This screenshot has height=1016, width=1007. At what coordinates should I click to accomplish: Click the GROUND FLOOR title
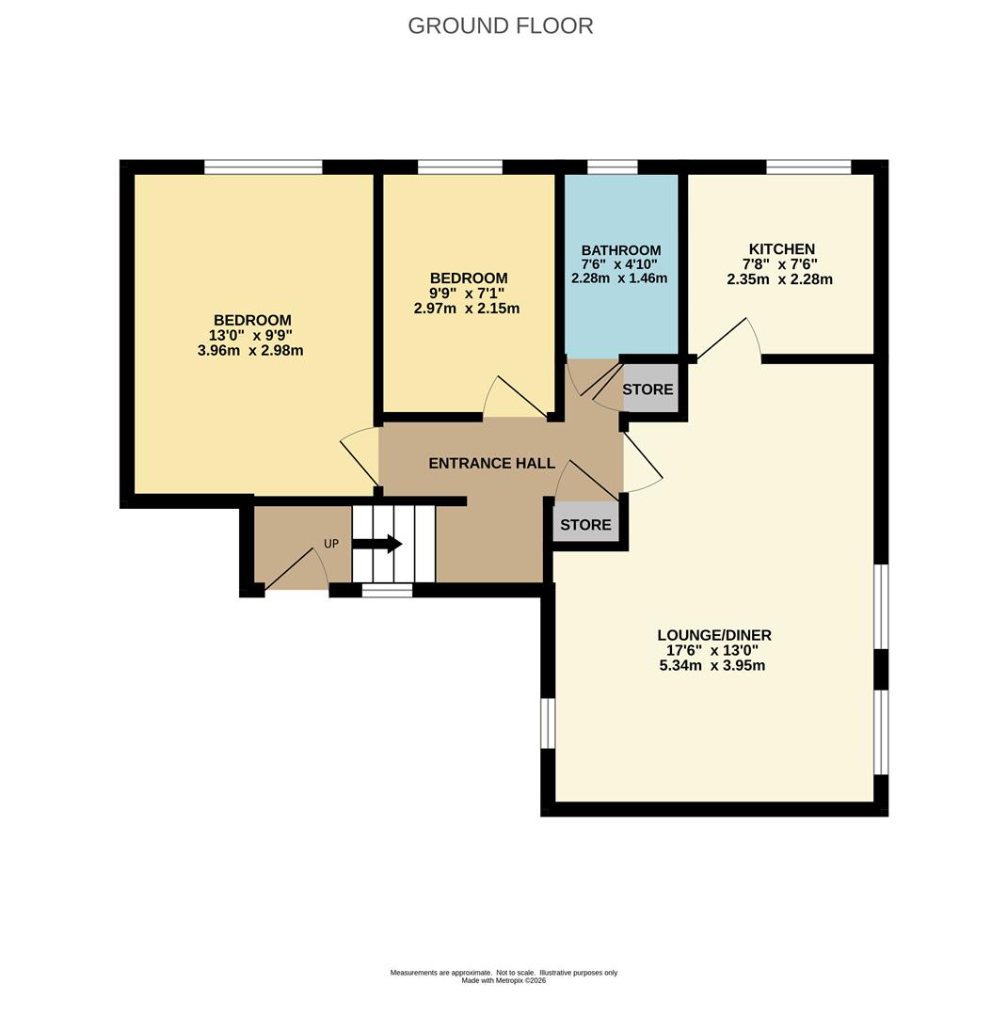tap(500, 26)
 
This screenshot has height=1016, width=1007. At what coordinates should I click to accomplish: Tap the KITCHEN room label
tap(781, 248)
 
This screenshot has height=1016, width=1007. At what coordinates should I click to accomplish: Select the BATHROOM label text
tap(620, 250)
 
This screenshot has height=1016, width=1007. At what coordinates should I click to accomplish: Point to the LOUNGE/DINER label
tap(714, 635)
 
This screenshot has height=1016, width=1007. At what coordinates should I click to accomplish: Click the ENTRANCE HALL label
tap(491, 463)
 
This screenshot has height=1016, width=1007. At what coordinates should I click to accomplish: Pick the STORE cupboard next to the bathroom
tap(647, 389)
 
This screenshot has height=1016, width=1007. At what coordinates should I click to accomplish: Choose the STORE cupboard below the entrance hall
tap(585, 524)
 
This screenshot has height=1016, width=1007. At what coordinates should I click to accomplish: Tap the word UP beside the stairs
tap(331, 544)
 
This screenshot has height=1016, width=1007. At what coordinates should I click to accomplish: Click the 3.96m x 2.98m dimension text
tap(250, 351)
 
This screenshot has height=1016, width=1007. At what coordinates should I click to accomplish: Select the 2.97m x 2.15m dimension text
tap(466, 309)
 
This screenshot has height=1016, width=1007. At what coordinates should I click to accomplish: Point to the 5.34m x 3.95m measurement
tap(712, 665)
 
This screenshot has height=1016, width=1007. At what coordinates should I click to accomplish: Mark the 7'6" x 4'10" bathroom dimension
tap(619, 264)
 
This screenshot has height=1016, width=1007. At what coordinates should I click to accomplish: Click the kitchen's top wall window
tap(807, 167)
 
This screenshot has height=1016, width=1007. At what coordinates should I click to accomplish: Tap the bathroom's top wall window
tap(612, 167)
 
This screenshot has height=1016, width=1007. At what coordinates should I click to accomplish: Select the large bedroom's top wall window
tap(264, 167)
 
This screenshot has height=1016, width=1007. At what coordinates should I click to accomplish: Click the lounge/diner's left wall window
tap(549, 723)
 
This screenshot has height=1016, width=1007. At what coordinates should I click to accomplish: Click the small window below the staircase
tap(387, 590)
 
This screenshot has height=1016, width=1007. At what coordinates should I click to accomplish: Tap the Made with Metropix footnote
tap(503, 980)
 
